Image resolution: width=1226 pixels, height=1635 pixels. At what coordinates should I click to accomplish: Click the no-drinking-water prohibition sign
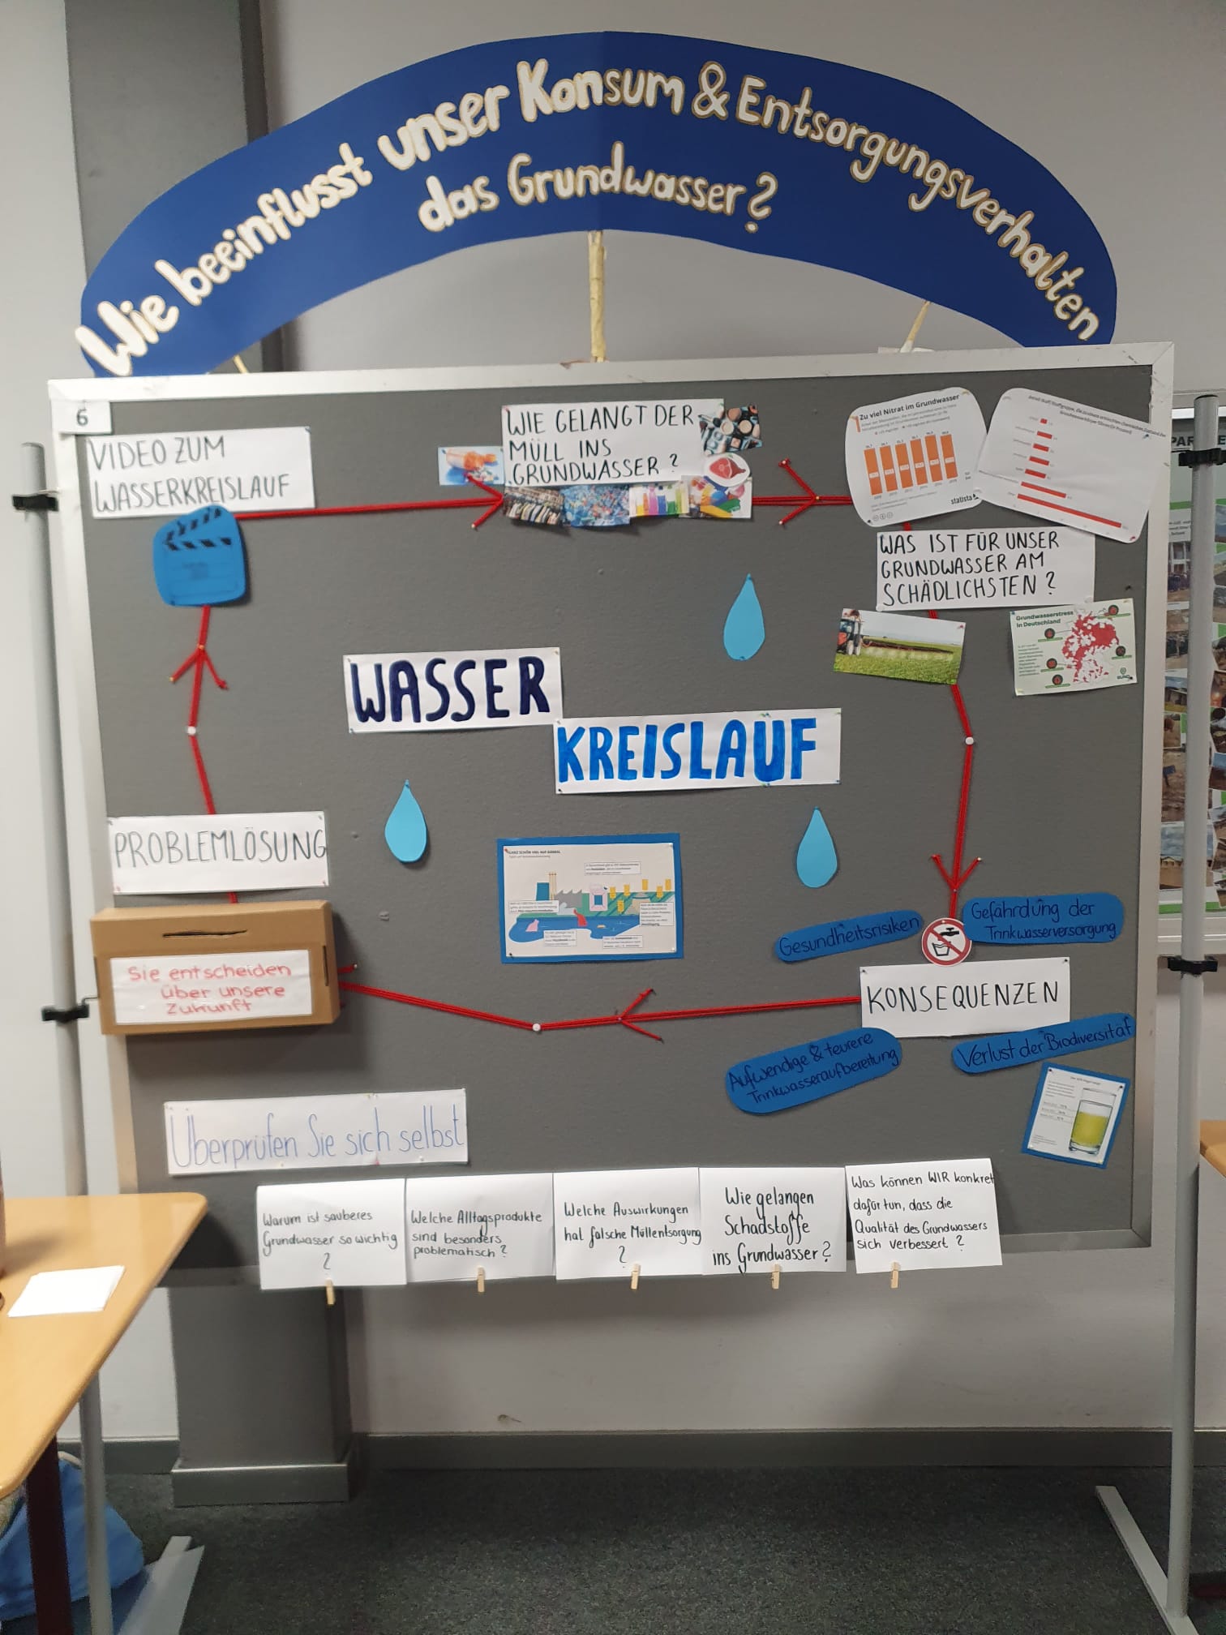point(946,940)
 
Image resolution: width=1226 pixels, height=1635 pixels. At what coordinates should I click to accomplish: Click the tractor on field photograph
point(899,646)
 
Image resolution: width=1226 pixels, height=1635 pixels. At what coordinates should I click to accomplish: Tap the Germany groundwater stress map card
point(1074,650)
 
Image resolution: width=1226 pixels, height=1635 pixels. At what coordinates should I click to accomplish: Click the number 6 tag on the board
point(83,417)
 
